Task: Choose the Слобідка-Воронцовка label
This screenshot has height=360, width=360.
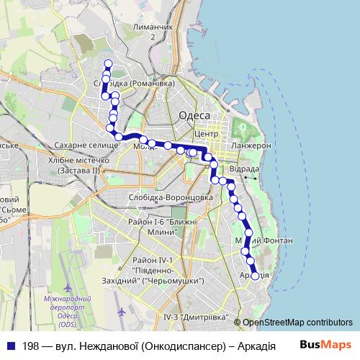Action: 169,196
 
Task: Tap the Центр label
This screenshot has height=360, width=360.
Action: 206,135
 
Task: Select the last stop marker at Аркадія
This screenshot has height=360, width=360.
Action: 254,275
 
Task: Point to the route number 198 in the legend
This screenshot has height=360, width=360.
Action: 30,346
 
